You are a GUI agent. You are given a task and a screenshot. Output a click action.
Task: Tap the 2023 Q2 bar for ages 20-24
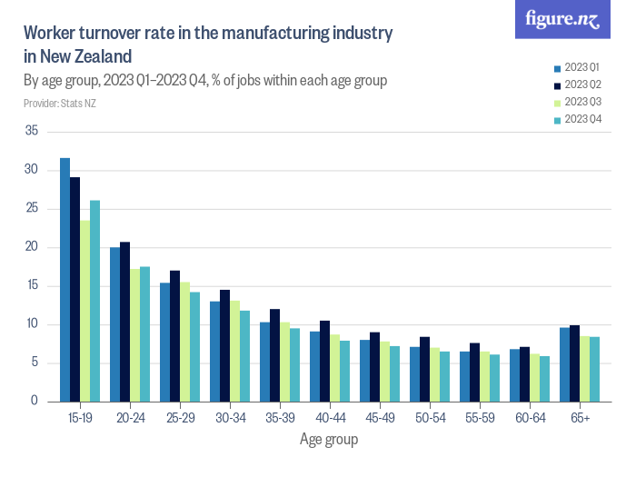pyautogui.click(x=124, y=322)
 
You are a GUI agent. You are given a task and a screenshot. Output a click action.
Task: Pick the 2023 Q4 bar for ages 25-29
pyautogui.click(x=194, y=346)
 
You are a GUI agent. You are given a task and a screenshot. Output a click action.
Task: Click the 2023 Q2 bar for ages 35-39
pyautogui.click(x=274, y=355)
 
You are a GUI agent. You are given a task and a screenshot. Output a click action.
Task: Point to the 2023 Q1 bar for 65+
pyautogui.click(x=564, y=364)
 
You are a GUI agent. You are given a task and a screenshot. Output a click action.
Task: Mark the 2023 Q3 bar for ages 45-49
pyautogui.click(x=384, y=372)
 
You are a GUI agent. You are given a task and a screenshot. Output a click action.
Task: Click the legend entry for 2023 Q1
pyautogui.click(x=581, y=67)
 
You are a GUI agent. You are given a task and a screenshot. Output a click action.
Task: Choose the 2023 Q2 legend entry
pyautogui.click(x=581, y=84)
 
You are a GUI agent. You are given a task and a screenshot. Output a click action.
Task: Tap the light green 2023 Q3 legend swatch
pyautogui.click(x=557, y=102)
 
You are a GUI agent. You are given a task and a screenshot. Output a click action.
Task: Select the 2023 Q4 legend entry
pyautogui.click(x=581, y=119)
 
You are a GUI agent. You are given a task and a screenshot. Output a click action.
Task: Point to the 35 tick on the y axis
pyautogui.click(x=32, y=132)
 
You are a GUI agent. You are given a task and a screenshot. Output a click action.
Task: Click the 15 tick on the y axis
pyautogui.click(x=32, y=286)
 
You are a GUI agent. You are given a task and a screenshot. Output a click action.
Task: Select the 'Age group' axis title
pyautogui.click(x=328, y=440)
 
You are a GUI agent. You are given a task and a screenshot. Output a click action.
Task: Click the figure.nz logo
pyautogui.click(x=562, y=19)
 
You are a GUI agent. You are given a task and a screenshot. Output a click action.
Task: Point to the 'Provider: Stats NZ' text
pyautogui.click(x=60, y=104)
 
